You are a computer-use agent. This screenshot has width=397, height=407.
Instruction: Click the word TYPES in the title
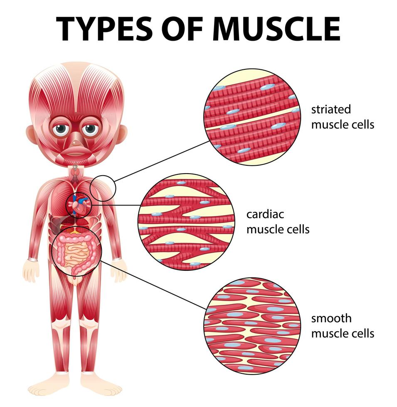click(x=104, y=29)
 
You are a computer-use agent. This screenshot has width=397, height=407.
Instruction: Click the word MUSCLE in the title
click(x=276, y=29)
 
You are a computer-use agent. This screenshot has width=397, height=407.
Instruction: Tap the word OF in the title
click(x=182, y=29)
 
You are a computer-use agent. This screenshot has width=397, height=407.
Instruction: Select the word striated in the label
click(x=331, y=110)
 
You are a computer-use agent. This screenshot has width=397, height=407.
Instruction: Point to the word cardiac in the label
click(x=265, y=214)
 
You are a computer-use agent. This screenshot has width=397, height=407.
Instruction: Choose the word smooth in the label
click(x=331, y=319)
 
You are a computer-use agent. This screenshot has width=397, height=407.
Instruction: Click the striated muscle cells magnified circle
click(x=252, y=117)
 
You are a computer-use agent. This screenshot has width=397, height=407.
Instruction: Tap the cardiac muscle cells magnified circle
click(x=187, y=222)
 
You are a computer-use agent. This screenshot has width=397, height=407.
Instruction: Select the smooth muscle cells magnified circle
click(x=252, y=326)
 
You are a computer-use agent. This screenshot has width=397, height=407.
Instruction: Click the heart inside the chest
click(x=79, y=205)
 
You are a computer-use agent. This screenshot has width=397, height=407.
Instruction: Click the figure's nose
click(x=76, y=142)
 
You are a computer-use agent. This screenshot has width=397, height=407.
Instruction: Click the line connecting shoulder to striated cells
click(x=162, y=161)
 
